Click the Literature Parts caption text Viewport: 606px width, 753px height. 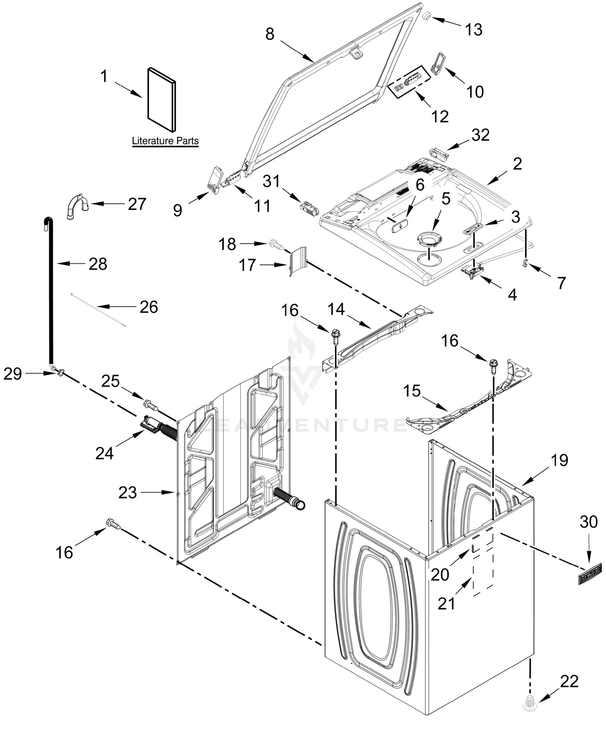[165, 141]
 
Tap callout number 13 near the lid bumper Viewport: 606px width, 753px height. [474, 30]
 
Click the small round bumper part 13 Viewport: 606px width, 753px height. [427, 16]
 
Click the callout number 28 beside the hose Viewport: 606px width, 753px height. [98, 264]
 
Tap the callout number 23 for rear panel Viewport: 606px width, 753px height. [127, 493]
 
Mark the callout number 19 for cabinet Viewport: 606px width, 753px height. [560, 460]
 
